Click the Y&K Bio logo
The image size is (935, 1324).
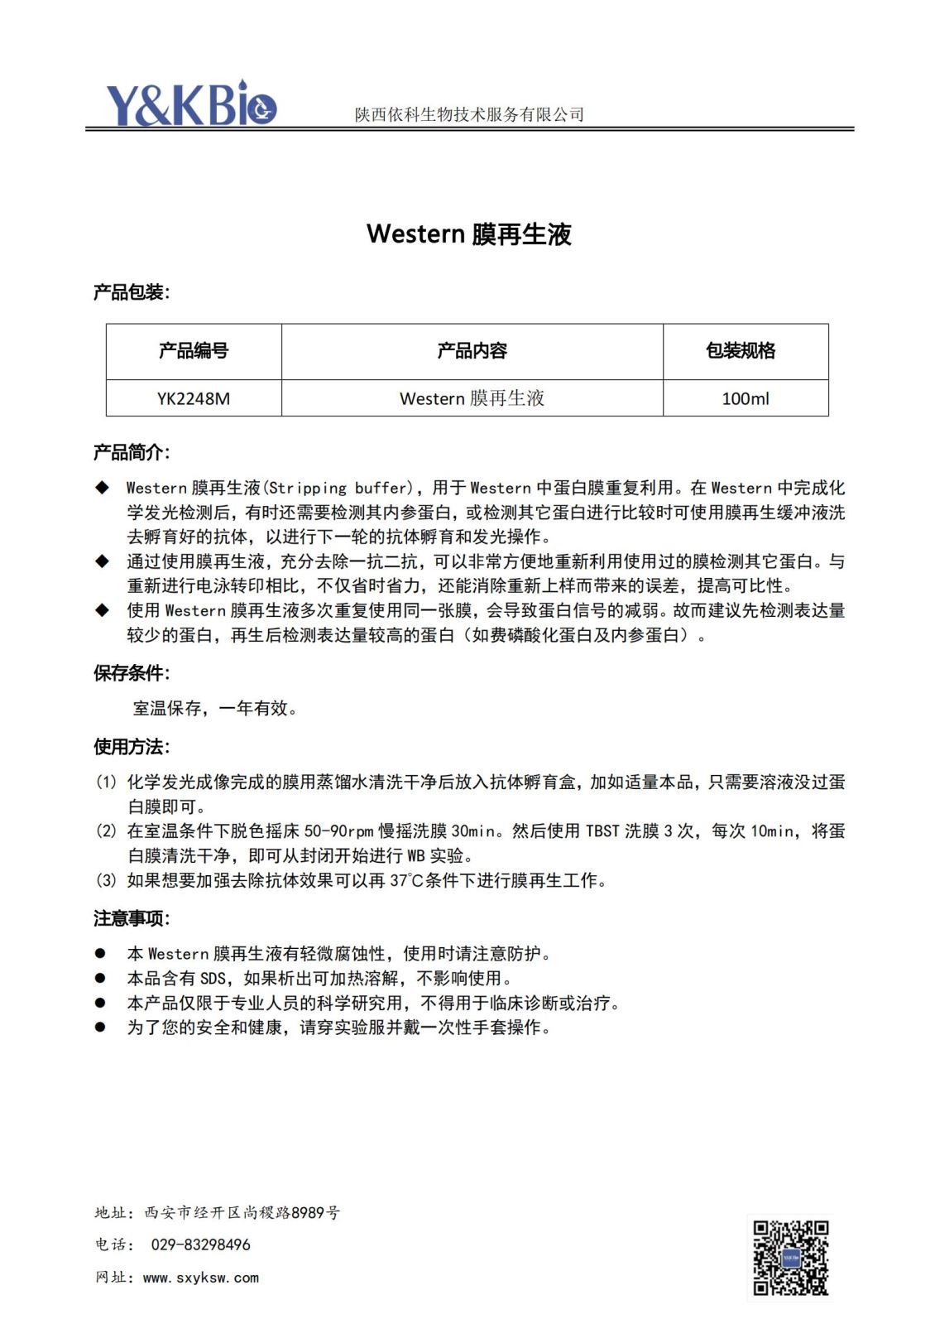click(x=190, y=104)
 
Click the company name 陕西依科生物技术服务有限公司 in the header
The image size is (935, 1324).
click(x=469, y=114)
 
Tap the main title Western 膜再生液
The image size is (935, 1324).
click(x=468, y=234)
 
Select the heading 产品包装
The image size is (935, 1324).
click(x=131, y=292)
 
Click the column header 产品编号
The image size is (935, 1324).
click(x=194, y=351)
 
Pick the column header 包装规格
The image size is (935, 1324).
click(x=741, y=351)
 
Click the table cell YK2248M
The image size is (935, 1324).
click(x=194, y=398)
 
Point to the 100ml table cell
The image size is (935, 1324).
click(x=745, y=398)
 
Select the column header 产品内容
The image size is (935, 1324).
click(x=472, y=351)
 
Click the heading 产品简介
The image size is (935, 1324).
click(x=131, y=452)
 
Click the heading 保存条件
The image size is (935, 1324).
click(x=131, y=672)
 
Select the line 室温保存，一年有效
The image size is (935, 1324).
click(x=214, y=708)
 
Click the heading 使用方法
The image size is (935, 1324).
click(x=131, y=747)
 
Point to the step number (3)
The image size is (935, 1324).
click(x=106, y=880)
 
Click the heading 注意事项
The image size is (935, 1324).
click(x=131, y=918)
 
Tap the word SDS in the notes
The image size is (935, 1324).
click(x=213, y=978)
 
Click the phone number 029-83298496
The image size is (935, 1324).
click(x=200, y=1245)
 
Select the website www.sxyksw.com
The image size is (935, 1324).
click(x=200, y=1278)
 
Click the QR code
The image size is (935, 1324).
click(x=790, y=1257)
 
